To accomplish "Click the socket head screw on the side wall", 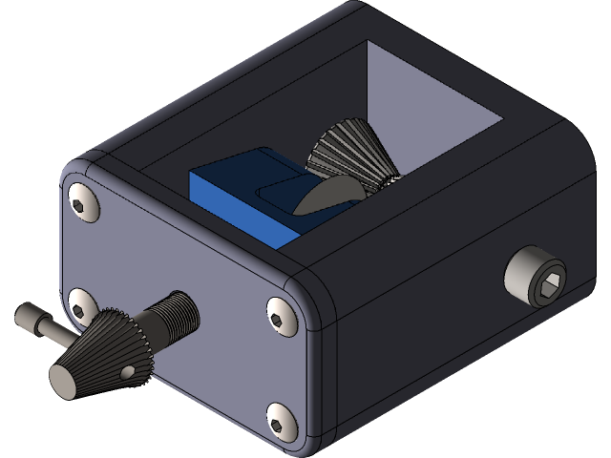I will pyautogui.click(x=535, y=277).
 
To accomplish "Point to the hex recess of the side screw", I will pyautogui.click(x=545, y=281).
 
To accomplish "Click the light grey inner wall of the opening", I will pyautogui.click(x=430, y=95).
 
